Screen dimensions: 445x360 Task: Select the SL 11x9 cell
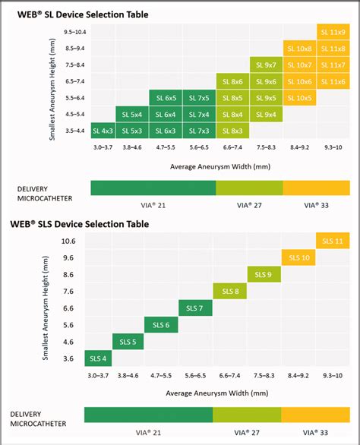[x=333, y=32]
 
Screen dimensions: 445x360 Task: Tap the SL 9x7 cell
[x=266, y=65]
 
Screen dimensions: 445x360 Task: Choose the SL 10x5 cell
[x=299, y=98]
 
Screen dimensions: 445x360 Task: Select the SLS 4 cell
[x=98, y=358]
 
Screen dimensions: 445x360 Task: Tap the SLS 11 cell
[x=333, y=241]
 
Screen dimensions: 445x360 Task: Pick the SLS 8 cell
[x=232, y=292]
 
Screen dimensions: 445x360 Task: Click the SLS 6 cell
[x=165, y=325]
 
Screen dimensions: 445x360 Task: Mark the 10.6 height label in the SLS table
[x=68, y=241]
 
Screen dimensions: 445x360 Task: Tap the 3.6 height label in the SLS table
[x=68, y=358]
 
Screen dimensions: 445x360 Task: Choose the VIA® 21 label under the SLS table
[x=148, y=434]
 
